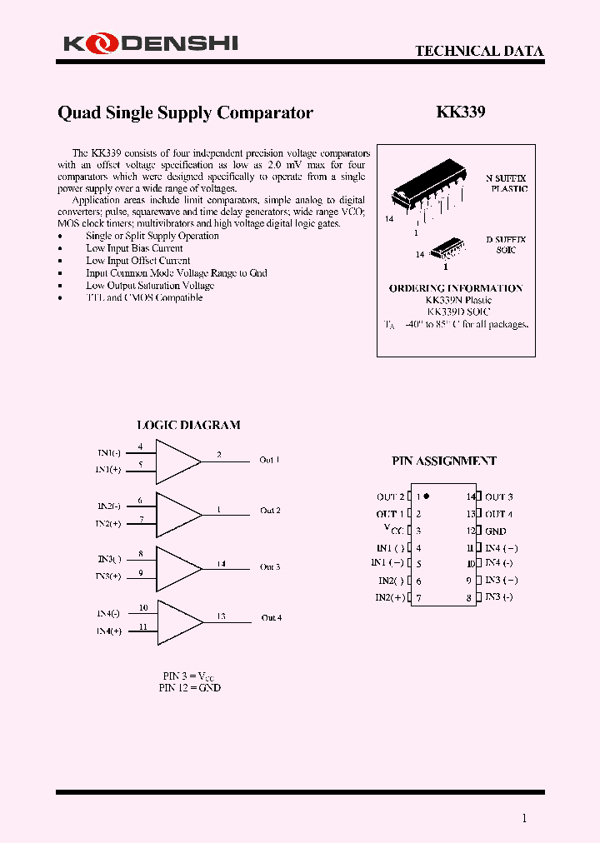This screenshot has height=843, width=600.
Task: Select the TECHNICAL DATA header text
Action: click(479, 51)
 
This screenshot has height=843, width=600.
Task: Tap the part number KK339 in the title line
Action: click(461, 112)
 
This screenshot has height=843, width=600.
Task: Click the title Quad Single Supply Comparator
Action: click(185, 112)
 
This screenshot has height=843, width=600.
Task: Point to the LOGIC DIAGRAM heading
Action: click(188, 425)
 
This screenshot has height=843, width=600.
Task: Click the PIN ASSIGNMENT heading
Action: click(444, 461)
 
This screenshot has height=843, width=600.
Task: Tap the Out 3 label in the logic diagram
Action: click(270, 567)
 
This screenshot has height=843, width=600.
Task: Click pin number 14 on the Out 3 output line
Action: click(221, 564)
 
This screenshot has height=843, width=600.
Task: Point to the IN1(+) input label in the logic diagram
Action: click(108, 470)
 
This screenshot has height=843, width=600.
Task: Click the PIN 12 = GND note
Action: click(189, 688)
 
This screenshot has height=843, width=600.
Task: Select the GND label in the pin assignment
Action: click(496, 531)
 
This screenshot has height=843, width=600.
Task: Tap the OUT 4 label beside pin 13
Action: click(499, 514)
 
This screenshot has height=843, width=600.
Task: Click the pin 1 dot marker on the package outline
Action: click(426, 496)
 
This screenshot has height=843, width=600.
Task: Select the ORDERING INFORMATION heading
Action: click(456, 288)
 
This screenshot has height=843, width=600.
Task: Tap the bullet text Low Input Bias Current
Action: click(134, 248)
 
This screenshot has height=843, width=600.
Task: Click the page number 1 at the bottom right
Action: click(524, 818)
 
